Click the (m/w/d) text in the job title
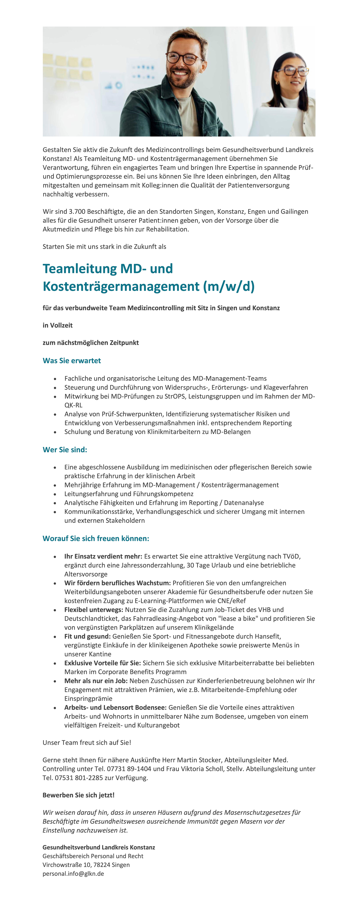pos(229,286)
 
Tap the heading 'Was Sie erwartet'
pos(72,361)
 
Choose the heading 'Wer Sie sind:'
pos(65,450)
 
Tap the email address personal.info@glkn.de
pos(73,874)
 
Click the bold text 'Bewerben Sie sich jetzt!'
pos(78,795)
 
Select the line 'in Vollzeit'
pos(58,325)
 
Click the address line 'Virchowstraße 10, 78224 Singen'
pos(86,865)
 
